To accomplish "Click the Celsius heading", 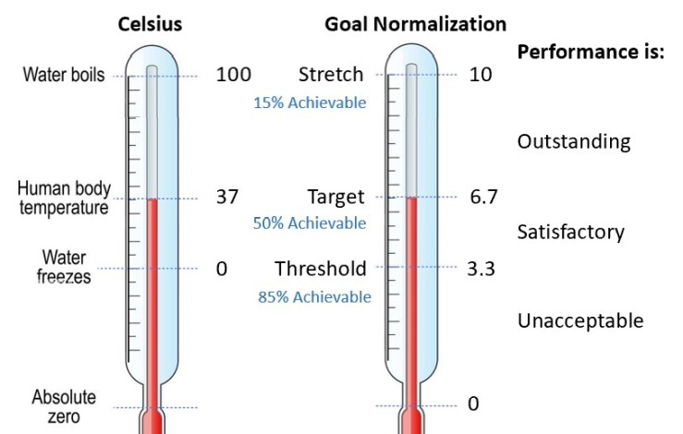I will click(150, 24).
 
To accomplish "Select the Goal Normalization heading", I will click(415, 24).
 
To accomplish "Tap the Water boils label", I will click(64, 75).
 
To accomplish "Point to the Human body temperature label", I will click(64, 198).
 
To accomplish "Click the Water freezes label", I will click(66, 265).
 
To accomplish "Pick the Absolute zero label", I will click(64, 407).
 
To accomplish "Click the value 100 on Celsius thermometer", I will click(233, 74).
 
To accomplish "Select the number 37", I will click(227, 197).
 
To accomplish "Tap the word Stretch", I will click(332, 74).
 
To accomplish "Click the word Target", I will click(336, 197).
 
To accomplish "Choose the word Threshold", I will click(321, 269).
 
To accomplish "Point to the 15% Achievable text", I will click(310, 102).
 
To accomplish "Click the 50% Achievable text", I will click(310, 223).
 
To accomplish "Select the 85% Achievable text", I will click(314, 296).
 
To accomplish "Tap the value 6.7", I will click(483, 197).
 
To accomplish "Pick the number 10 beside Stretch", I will click(481, 74).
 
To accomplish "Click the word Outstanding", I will click(574, 141).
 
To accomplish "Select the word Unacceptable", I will click(580, 320).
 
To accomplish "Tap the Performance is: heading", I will click(591, 52).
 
